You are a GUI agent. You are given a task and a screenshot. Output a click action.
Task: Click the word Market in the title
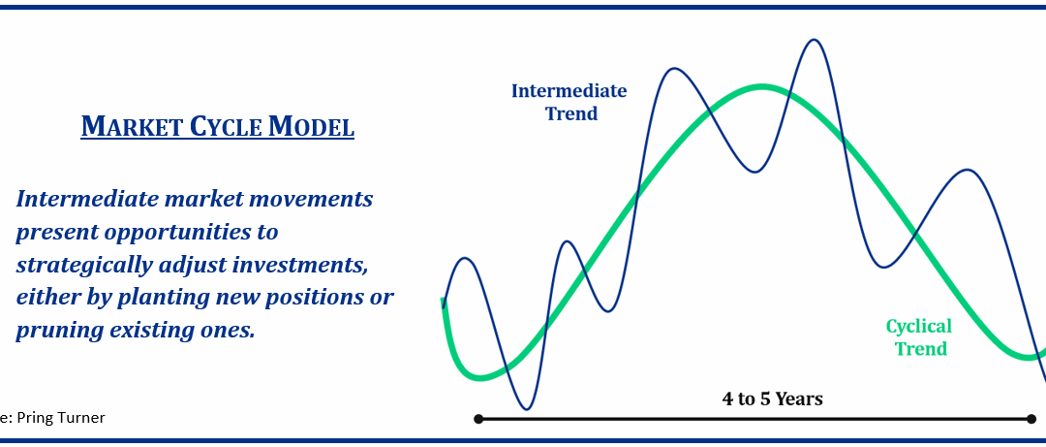[x=130, y=126]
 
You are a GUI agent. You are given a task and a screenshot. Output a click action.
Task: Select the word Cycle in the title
[x=224, y=126]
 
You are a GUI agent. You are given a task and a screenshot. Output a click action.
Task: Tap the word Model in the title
[x=311, y=126]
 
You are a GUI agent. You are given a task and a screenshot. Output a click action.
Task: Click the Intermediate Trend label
[x=569, y=102]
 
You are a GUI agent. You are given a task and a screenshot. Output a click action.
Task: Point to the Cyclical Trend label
[x=919, y=337]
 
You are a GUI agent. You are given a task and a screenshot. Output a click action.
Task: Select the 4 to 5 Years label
[x=773, y=399]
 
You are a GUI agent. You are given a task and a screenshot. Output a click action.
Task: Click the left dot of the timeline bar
[x=478, y=419]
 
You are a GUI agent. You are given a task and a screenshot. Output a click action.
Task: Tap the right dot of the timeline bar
[x=1032, y=419]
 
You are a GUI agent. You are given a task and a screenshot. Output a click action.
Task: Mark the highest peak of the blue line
[x=814, y=40]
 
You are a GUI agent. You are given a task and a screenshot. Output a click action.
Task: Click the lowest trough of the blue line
[x=527, y=409]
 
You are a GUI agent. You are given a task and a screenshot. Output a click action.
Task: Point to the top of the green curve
[x=762, y=87]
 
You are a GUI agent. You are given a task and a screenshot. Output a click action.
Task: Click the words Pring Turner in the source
[x=62, y=418]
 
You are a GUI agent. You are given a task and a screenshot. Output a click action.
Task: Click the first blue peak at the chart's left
[x=466, y=259]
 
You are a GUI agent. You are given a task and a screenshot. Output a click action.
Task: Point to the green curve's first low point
[x=480, y=377]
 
